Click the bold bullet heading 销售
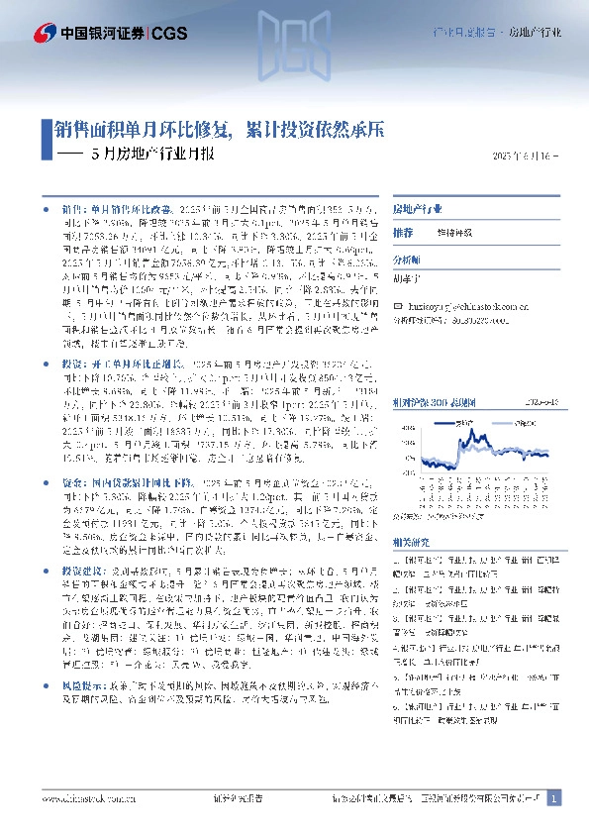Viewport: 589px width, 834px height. coord(73,211)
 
